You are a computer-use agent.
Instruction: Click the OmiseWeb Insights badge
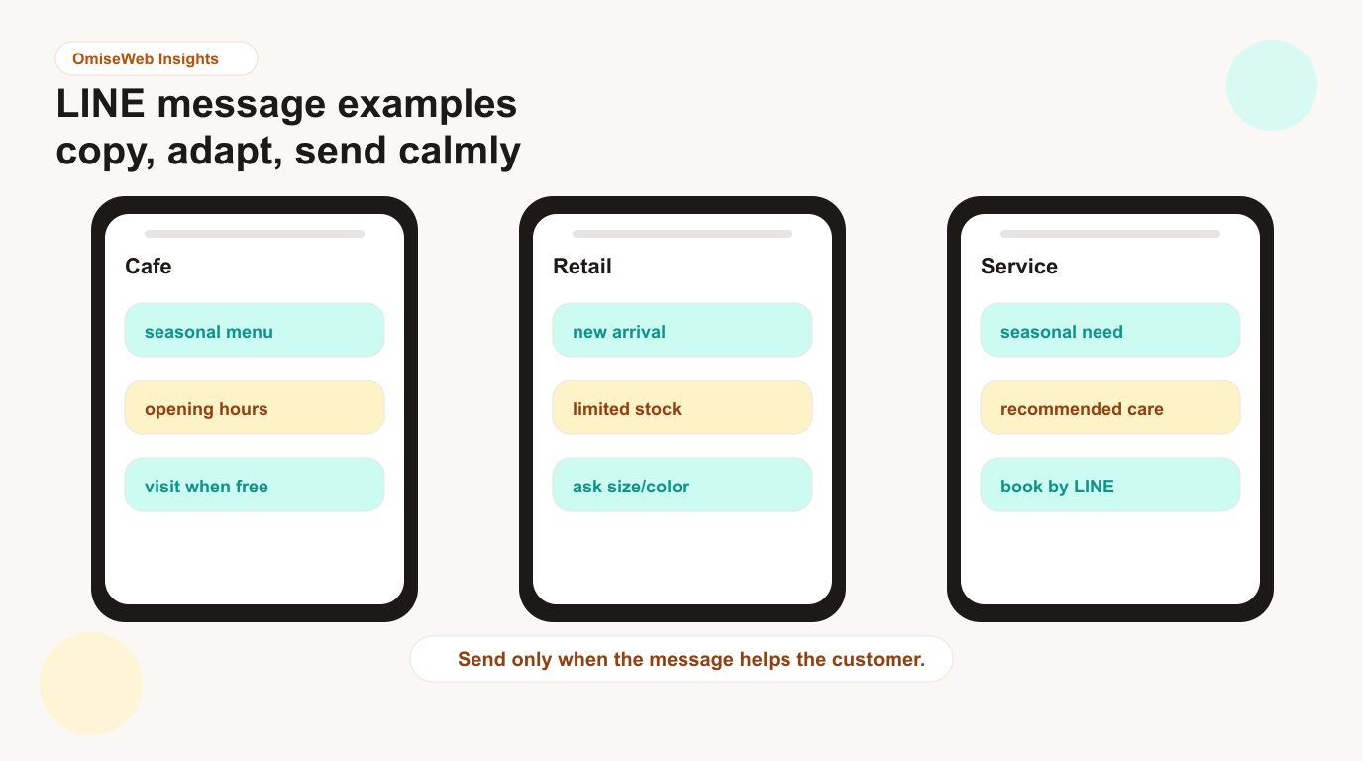(x=157, y=58)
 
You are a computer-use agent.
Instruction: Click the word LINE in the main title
(x=100, y=104)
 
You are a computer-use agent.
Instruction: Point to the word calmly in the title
(x=460, y=151)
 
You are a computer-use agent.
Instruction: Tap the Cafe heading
(x=148, y=266)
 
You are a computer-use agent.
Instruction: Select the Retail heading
(x=581, y=266)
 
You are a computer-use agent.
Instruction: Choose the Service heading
(x=1018, y=266)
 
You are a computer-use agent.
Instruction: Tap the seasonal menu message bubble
(x=255, y=330)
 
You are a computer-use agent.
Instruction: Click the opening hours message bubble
(x=255, y=407)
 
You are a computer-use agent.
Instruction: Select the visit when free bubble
(x=255, y=485)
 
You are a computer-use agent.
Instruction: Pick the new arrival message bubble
(x=682, y=330)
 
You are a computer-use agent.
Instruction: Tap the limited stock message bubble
(x=682, y=407)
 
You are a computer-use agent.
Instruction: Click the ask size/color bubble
(x=682, y=485)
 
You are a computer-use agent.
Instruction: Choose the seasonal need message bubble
(x=1109, y=330)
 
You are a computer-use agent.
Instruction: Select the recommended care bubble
(x=1109, y=407)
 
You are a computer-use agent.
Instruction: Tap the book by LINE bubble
(x=1109, y=485)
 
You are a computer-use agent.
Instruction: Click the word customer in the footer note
(x=878, y=659)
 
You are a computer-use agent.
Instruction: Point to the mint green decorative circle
(x=1272, y=85)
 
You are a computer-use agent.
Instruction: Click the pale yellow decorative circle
(x=91, y=684)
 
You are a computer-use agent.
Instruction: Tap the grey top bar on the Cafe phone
(x=255, y=234)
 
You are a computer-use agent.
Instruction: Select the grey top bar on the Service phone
(x=1109, y=234)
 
